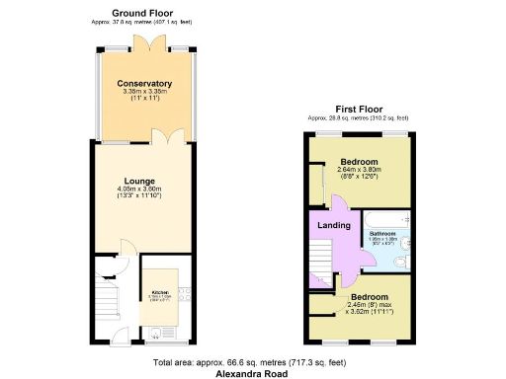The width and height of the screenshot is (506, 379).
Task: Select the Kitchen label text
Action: pos(158,293)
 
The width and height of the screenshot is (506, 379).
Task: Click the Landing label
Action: pos(333,225)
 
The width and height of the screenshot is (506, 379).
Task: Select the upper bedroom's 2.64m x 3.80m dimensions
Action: pos(359,170)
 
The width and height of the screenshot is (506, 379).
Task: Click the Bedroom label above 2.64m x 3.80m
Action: pos(359,161)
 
